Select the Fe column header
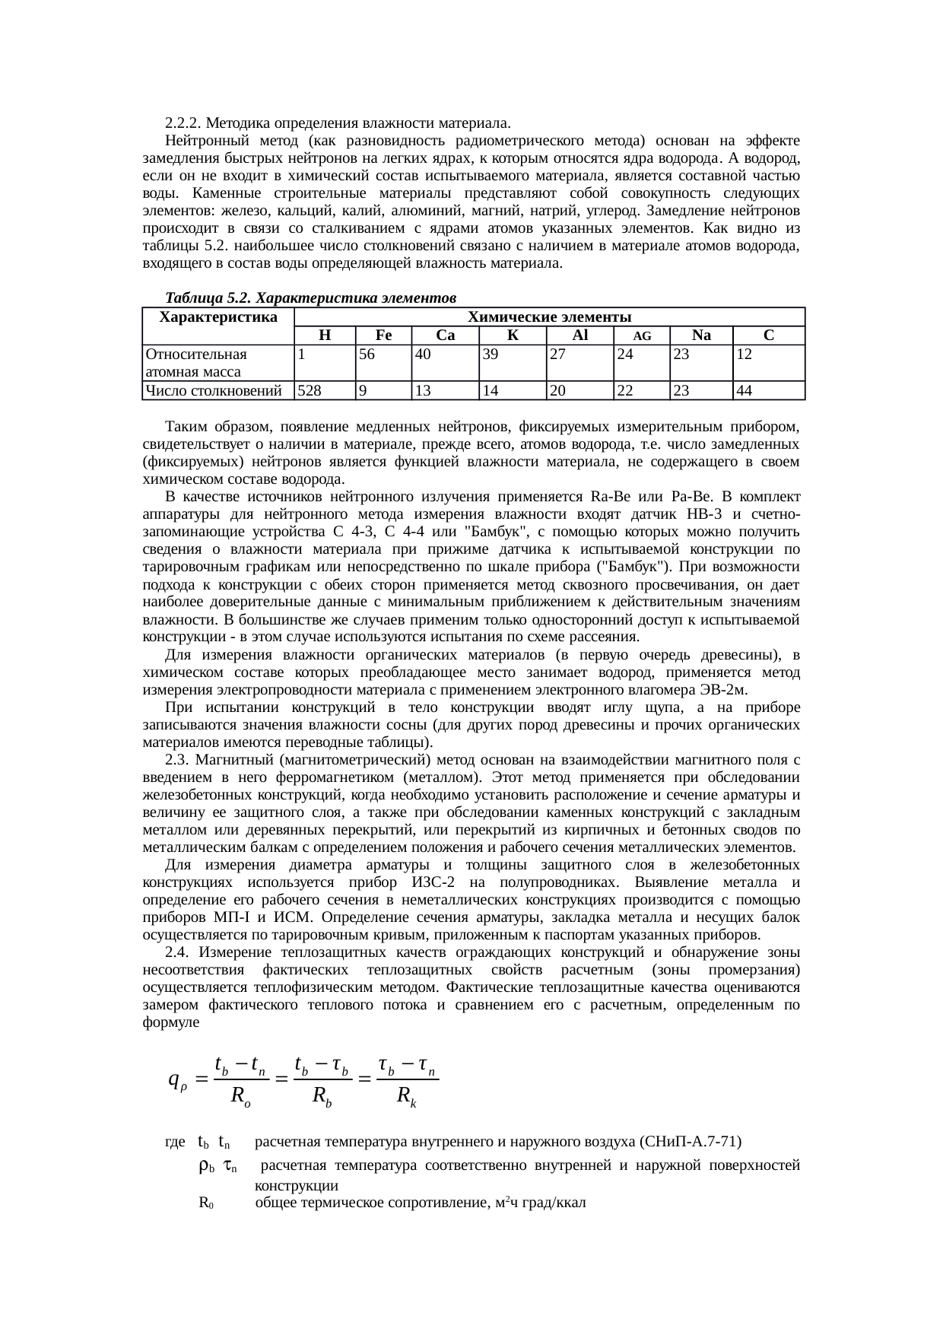383,335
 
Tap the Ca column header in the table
445,335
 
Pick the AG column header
641,336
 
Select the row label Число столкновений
214,391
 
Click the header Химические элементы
549,316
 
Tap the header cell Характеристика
219,316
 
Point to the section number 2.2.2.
183,122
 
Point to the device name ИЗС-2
437,882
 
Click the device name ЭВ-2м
722,690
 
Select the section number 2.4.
177,952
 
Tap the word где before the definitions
175,1142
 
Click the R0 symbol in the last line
206,1203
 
